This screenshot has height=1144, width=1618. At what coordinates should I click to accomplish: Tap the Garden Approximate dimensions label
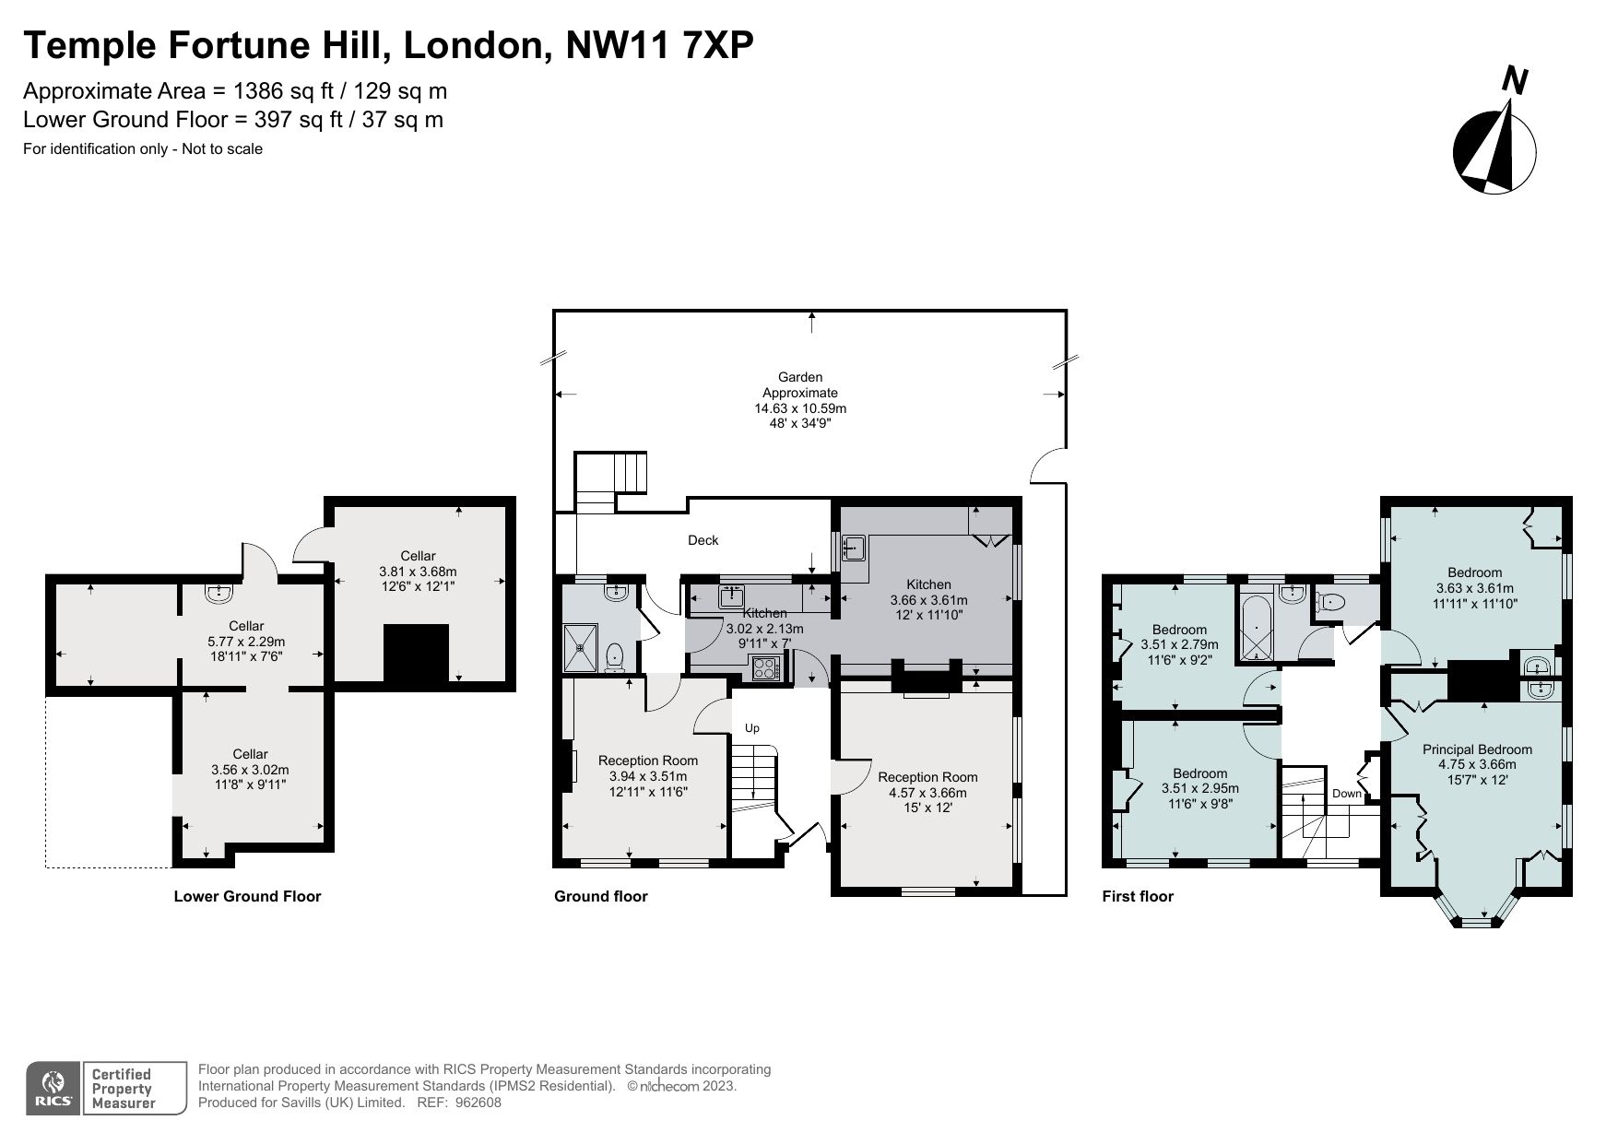coord(799,400)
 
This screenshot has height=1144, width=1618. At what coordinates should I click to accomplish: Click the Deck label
coord(703,540)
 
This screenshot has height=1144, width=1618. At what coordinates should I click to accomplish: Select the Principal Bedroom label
coord(1477,763)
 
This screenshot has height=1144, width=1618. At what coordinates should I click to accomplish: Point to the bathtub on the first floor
coord(1256,629)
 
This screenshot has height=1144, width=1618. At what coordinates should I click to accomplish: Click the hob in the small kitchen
coord(766,667)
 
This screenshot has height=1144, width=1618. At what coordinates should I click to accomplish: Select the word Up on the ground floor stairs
coord(751,728)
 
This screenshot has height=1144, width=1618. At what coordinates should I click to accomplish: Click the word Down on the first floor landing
coord(1346,793)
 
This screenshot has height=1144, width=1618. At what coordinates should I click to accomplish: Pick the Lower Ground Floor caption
coord(247,896)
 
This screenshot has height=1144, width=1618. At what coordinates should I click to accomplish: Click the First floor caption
coord(1138,896)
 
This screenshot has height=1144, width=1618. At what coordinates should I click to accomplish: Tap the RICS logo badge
coord(53,1089)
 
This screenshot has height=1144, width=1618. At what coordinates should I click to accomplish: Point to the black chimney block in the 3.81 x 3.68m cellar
coord(415,652)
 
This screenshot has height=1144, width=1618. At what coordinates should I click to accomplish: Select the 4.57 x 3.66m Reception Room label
coord(927,792)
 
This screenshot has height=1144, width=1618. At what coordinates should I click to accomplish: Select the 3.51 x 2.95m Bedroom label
coord(1199,788)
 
